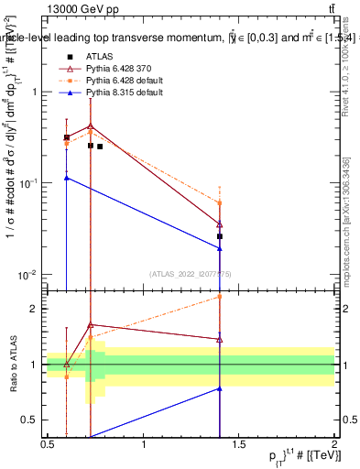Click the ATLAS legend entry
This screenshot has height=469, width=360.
[x=99, y=56]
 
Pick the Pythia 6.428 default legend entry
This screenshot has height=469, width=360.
[x=119, y=81]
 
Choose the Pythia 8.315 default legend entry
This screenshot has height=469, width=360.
[x=119, y=93]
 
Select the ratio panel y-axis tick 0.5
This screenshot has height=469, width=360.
[x=35, y=420]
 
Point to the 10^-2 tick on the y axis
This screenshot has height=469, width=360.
[x=31, y=275]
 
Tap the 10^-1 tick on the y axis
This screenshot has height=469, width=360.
[x=31, y=183]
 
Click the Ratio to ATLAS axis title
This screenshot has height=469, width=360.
[x=12, y=365]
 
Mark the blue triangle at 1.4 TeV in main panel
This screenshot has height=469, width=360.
[x=220, y=248]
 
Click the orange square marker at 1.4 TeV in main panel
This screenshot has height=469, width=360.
[x=220, y=202]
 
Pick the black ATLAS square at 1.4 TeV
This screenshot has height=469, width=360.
[x=220, y=236]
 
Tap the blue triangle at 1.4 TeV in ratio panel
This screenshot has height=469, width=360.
[x=220, y=388]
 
